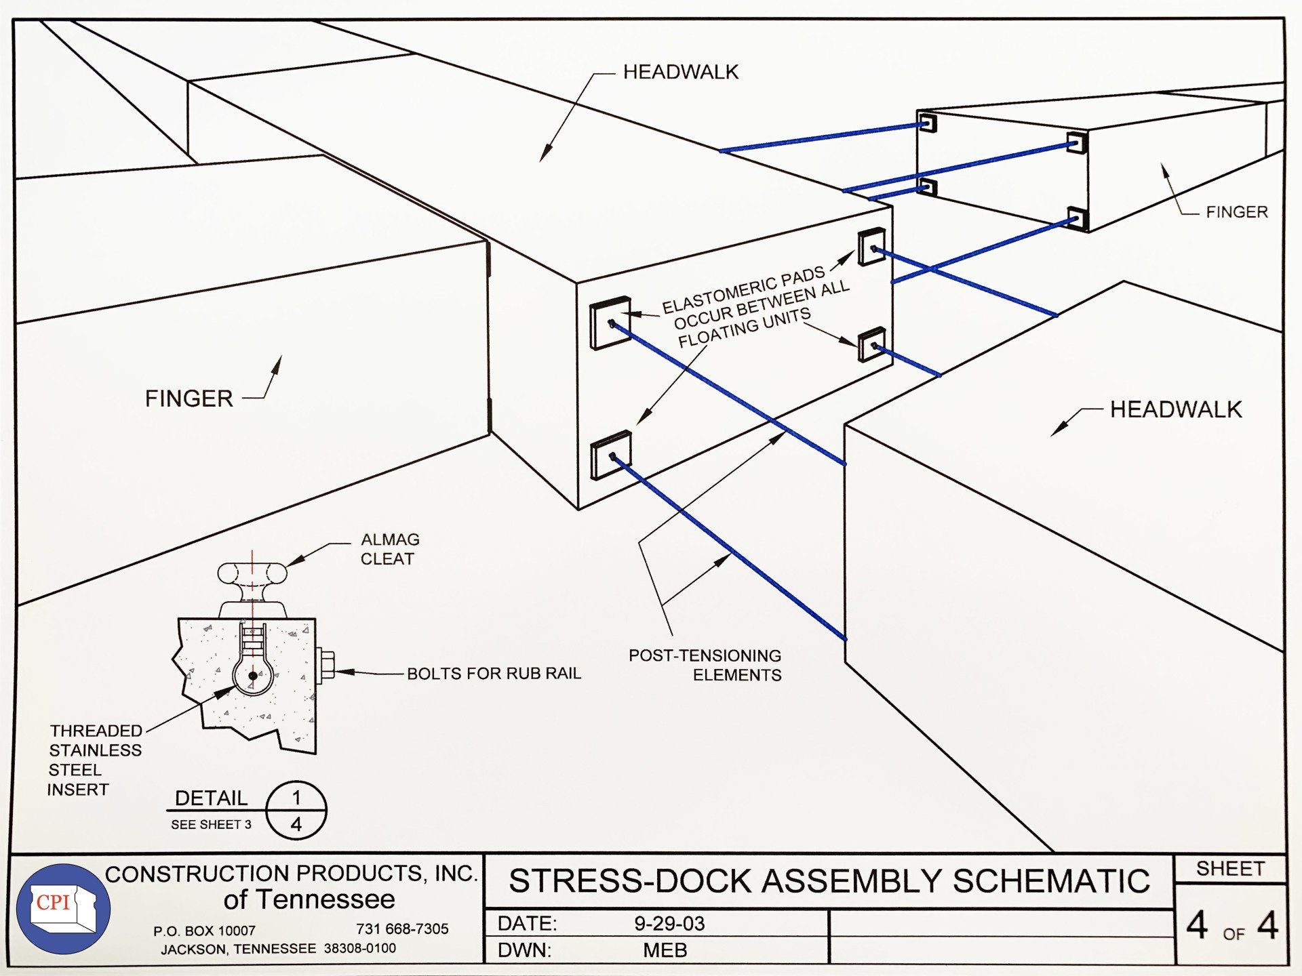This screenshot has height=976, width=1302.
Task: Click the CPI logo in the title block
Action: click(x=63, y=908)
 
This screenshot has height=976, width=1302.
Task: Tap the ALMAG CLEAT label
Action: click(x=389, y=549)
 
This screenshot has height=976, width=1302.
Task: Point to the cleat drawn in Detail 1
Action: click(x=252, y=583)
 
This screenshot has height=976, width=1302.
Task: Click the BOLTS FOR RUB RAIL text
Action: click(x=494, y=673)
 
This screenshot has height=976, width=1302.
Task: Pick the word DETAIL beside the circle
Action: click(x=211, y=798)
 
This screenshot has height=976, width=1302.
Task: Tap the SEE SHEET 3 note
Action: click(x=211, y=824)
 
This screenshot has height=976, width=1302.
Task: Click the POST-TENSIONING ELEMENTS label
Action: click(x=705, y=665)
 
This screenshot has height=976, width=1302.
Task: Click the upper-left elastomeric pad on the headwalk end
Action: click(x=610, y=323)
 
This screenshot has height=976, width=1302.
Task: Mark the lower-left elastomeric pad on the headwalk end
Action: click(x=610, y=455)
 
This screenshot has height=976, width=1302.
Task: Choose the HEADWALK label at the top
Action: click(x=680, y=72)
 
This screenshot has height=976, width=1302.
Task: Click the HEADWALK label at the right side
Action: click(x=1175, y=409)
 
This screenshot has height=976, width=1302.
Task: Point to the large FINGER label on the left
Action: click(x=189, y=398)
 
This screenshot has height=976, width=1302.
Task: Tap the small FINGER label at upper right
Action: click(x=1236, y=212)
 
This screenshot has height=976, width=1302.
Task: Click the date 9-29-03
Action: click(x=669, y=924)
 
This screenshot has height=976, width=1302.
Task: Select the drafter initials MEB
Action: click(x=665, y=950)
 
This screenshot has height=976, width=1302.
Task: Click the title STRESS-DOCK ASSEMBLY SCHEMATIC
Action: click(x=829, y=881)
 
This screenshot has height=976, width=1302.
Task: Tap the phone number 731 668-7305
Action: click(x=402, y=929)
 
